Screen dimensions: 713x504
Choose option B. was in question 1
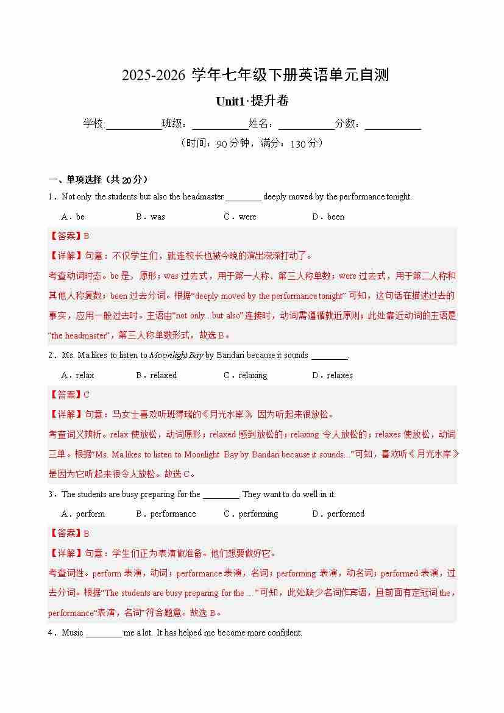point(151,217)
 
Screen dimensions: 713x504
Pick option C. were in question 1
point(240,217)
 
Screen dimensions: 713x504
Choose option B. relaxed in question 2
point(156,375)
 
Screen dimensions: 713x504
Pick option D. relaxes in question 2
point(332,375)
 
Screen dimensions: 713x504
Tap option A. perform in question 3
point(83,514)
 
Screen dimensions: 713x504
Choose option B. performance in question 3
point(166,514)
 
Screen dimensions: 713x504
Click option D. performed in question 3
point(338,514)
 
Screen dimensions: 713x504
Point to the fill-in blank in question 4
point(104,634)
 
